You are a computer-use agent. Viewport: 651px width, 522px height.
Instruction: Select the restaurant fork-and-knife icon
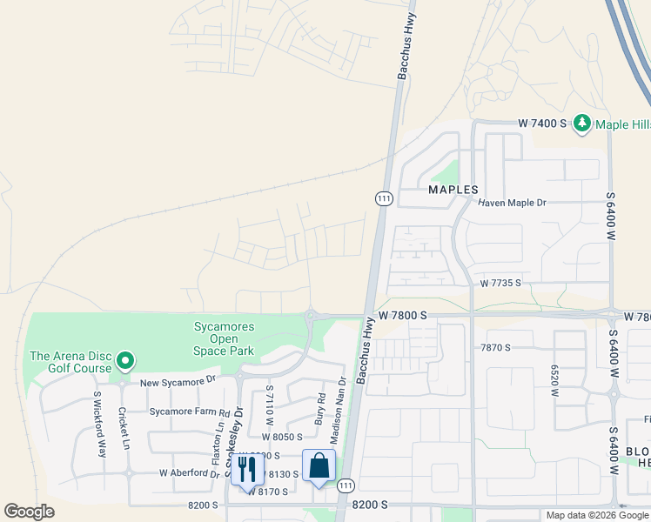point(247,470)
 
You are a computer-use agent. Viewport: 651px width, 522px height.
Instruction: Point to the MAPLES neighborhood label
point(453,189)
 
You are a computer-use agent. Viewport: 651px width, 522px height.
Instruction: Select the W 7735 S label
point(500,283)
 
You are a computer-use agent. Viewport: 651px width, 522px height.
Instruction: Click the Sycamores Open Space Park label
point(224,338)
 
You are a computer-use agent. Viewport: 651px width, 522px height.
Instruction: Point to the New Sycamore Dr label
point(178,381)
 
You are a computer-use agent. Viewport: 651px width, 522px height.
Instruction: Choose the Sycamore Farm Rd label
point(189,412)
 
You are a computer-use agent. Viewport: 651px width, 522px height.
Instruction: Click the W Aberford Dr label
point(190,472)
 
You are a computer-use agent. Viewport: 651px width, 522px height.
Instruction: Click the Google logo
point(29,512)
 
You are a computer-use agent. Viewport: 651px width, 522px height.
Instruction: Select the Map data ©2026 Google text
point(597,515)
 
